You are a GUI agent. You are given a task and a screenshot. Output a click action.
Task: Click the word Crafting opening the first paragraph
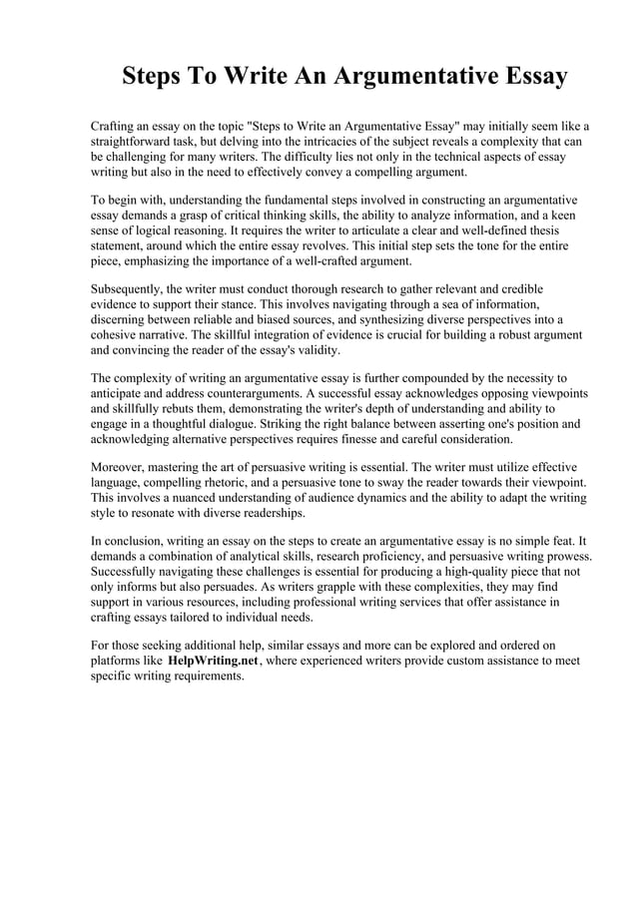[116, 127]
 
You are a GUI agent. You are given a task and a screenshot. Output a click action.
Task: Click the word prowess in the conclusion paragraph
[567, 556]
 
